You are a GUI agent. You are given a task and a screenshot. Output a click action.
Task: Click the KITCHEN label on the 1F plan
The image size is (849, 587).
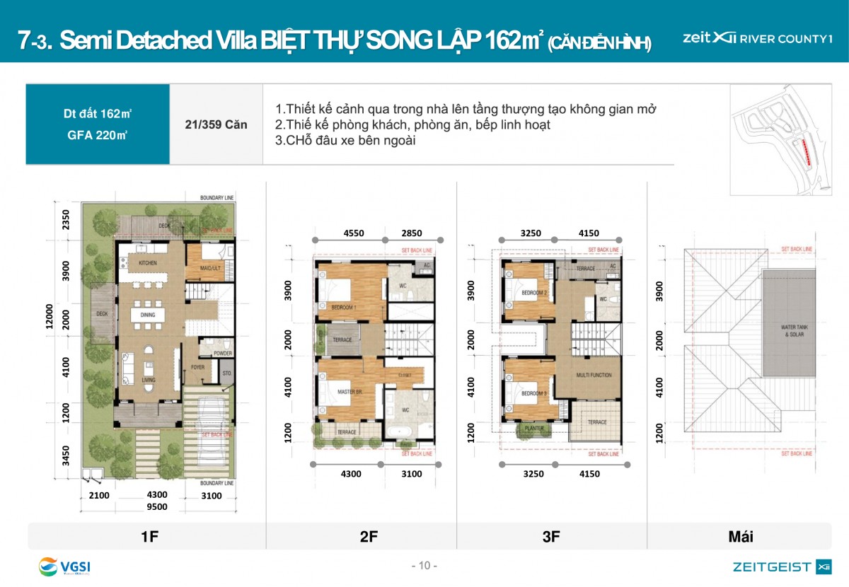pos(147,263)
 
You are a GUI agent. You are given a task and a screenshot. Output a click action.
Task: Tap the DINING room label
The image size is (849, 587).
pos(147,315)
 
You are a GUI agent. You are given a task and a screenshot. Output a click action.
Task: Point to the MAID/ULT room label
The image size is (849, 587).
pos(204,267)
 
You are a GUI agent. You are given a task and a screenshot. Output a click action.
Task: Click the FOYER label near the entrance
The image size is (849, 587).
pos(197,367)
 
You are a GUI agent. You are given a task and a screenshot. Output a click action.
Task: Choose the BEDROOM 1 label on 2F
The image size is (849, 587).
pos(344,307)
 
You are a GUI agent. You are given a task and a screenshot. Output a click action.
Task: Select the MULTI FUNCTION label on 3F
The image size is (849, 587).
pos(594,376)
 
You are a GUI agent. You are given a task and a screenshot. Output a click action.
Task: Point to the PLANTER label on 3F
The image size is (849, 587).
pos(533,428)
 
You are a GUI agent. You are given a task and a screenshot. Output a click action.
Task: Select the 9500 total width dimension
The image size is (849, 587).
pos(156,507)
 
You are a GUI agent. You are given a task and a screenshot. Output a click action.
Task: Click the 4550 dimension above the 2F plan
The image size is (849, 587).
pos(354,232)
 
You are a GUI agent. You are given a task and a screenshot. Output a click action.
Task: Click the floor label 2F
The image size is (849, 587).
pos(369,537)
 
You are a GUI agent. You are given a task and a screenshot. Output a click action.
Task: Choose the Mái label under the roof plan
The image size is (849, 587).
pos(741,537)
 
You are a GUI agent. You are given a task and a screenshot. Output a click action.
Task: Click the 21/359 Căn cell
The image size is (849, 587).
pos(216,125)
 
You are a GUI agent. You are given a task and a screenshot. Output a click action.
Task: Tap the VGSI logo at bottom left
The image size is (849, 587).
pos(64,566)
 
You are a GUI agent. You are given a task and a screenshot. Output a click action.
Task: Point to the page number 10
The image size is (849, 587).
pos(424,566)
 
